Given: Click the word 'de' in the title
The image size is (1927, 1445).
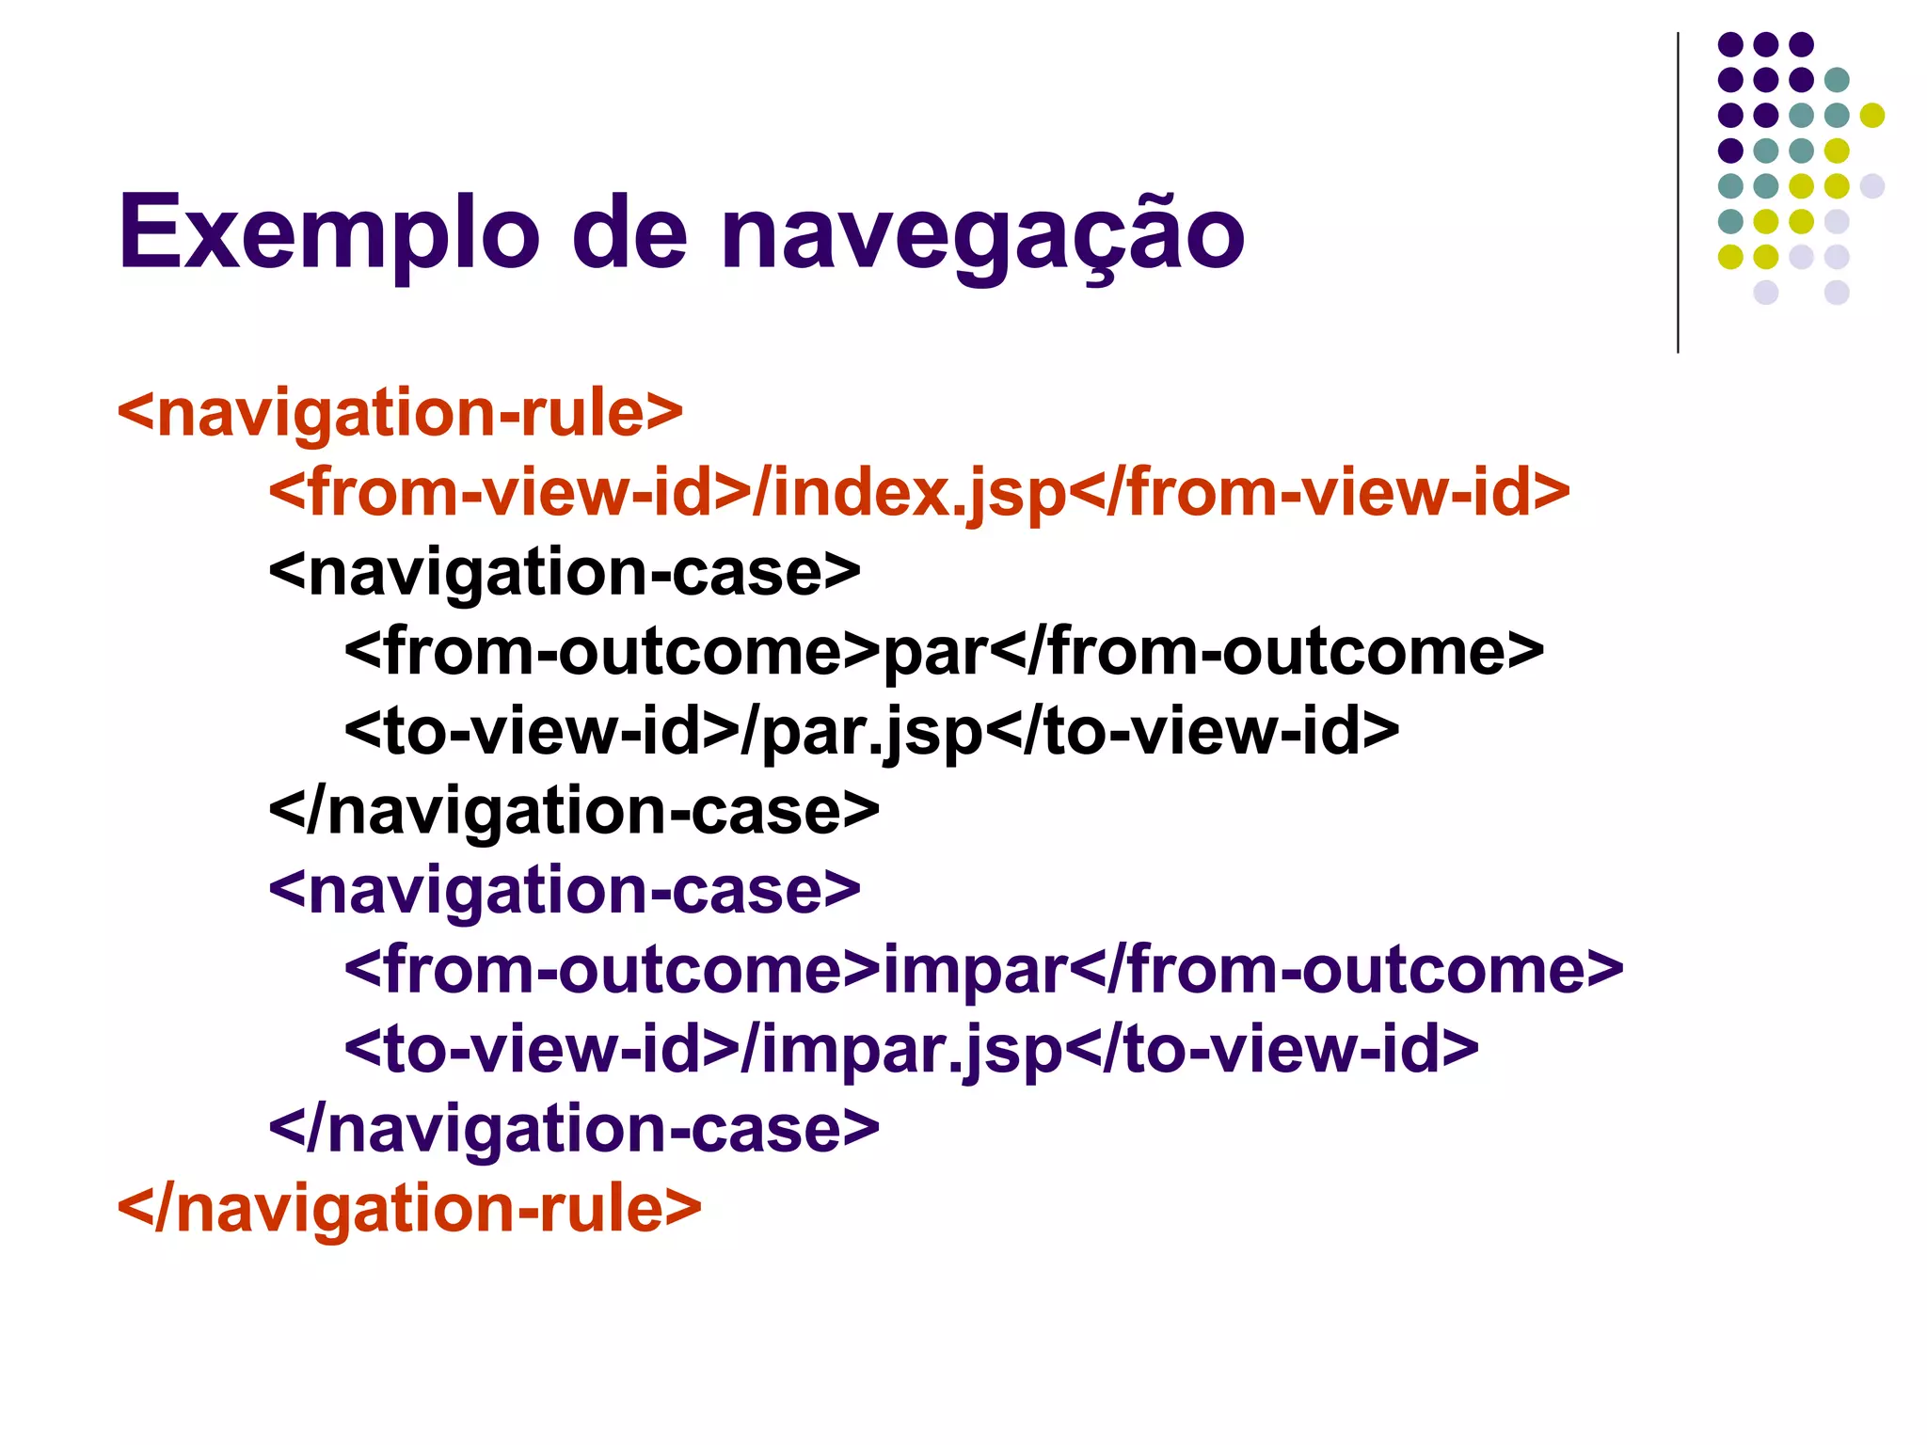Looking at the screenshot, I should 629,232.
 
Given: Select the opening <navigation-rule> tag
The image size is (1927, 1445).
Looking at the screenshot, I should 400,412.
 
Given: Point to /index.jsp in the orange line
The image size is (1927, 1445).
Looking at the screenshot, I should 909,492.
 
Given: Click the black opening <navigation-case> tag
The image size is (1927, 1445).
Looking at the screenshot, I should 565,572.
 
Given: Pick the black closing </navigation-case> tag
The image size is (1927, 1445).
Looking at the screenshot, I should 574,811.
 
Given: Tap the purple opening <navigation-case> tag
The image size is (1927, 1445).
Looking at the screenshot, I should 565,890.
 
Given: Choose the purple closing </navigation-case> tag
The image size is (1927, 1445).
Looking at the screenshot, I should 574,1128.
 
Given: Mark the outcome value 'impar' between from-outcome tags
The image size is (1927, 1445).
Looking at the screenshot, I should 975,969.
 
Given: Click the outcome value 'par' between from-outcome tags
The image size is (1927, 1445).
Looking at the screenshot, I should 935,652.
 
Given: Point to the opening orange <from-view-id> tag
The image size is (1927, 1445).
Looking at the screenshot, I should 509,492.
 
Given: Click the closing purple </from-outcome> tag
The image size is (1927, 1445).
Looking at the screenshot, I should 1346,969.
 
